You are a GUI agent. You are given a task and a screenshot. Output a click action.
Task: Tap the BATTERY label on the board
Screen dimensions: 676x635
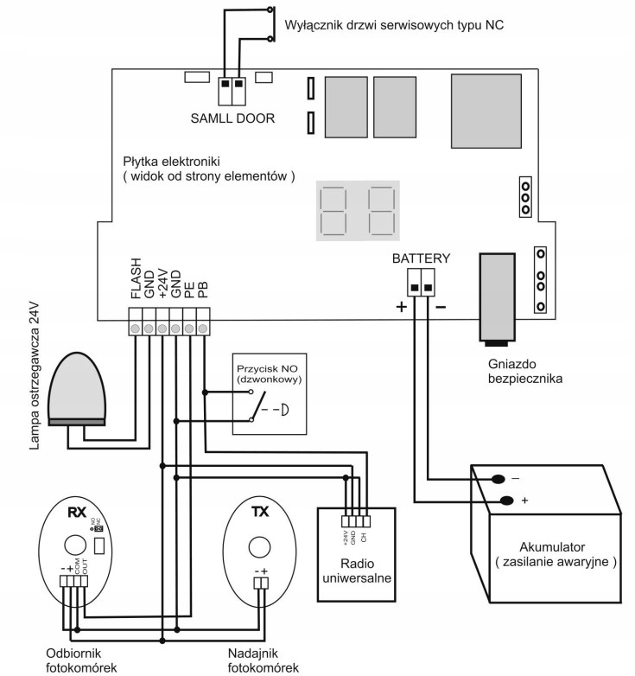[421, 258]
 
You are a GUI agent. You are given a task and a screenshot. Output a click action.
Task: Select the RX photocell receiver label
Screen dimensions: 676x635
[75, 512]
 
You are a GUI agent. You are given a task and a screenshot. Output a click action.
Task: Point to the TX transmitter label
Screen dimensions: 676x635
[259, 512]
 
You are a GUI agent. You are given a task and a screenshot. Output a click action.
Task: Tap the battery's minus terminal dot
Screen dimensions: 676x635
[498, 479]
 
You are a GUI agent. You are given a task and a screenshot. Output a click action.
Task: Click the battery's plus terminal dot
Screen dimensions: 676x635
[505, 500]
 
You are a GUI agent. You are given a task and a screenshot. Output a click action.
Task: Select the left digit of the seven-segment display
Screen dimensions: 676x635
[333, 211]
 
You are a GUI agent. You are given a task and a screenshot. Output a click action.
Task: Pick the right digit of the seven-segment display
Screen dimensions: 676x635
[381, 211]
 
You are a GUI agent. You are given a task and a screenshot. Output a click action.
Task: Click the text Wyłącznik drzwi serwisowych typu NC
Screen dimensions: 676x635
[393, 26]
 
